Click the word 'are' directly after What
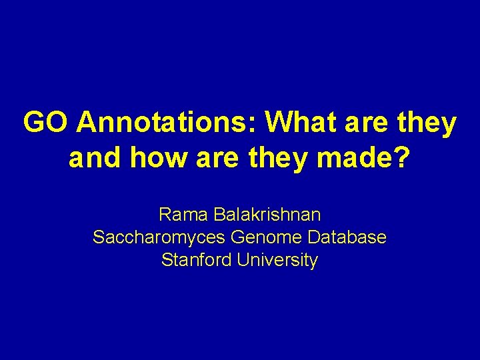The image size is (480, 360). [369, 123]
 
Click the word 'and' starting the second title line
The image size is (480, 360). [91, 159]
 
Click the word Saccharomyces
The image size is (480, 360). [159, 237]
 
